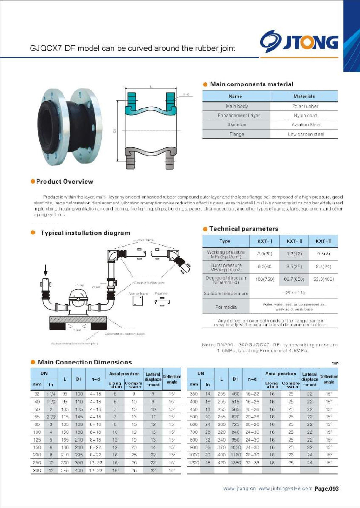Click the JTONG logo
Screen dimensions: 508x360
pos(299,41)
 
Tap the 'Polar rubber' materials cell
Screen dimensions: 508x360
pos(305,106)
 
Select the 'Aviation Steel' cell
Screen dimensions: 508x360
pos(306,125)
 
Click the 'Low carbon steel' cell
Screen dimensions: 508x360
pos(306,134)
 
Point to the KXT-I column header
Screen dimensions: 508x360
pos(264,241)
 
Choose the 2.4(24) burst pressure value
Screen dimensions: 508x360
pos(323,267)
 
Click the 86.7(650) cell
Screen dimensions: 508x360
pos(294,279)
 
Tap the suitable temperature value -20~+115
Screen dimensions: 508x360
pos(294,293)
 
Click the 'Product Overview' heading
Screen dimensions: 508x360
pos(65,182)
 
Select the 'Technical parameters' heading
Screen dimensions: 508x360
pos(244,229)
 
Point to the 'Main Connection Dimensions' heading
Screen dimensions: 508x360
pos(85,362)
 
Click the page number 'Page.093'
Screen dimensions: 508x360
pos(326,489)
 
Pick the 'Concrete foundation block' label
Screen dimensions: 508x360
pos(125,334)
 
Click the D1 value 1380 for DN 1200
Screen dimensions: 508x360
pos(235,463)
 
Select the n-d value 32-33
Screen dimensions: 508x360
pos(252,463)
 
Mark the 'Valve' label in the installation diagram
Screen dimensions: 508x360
pos(96,287)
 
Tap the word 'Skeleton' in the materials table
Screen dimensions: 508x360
pos(237,125)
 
